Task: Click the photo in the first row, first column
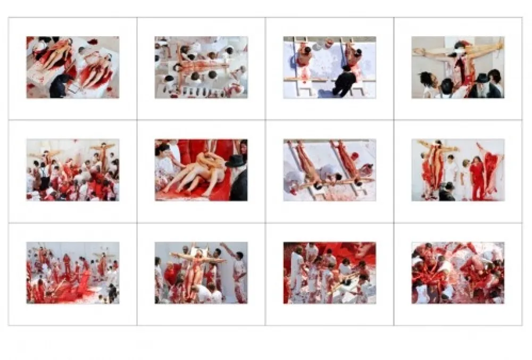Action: click(73, 67)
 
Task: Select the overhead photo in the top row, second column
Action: click(201, 67)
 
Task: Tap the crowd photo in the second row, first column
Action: click(73, 170)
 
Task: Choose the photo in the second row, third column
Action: click(329, 170)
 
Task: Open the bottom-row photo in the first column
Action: click(73, 273)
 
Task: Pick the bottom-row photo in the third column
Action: click(329, 273)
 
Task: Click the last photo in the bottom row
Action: click(458, 273)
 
